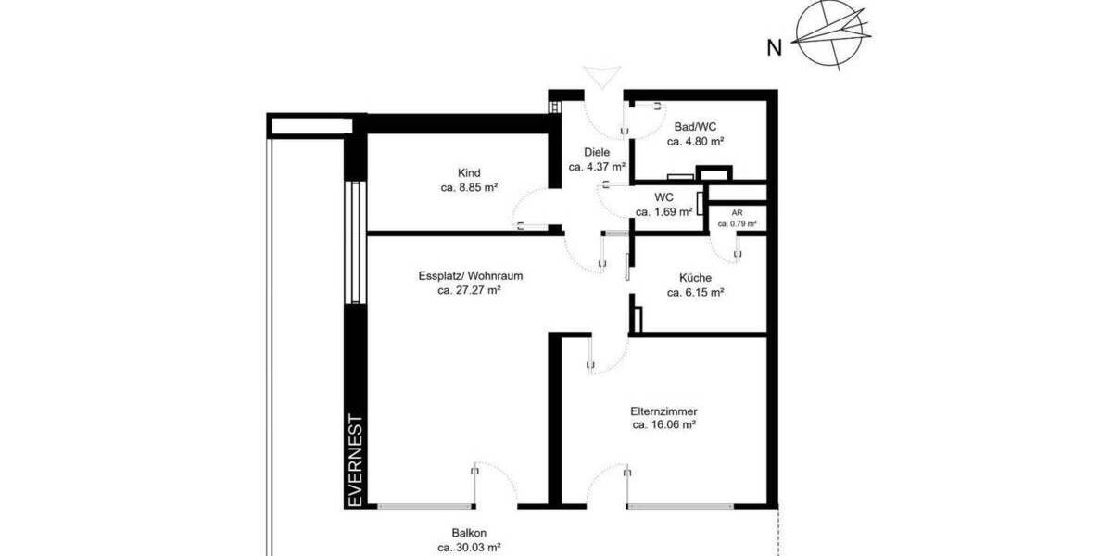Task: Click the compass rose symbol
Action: click(x=833, y=36)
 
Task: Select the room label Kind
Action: click(x=469, y=172)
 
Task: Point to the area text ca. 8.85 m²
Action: click(x=469, y=187)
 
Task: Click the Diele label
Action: click(x=597, y=152)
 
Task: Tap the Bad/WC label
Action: click(x=695, y=127)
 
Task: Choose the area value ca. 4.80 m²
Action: click(x=695, y=142)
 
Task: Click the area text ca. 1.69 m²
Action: click(x=663, y=212)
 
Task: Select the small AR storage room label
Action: click(x=737, y=212)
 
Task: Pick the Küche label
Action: click(x=695, y=277)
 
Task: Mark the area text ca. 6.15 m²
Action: click(x=695, y=292)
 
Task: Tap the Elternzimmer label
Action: click(x=663, y=411)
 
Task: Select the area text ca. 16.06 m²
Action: click(x=663, y=425)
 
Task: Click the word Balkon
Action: click(x=469, y=533)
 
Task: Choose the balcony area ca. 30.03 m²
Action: click(x=469, y=548)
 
